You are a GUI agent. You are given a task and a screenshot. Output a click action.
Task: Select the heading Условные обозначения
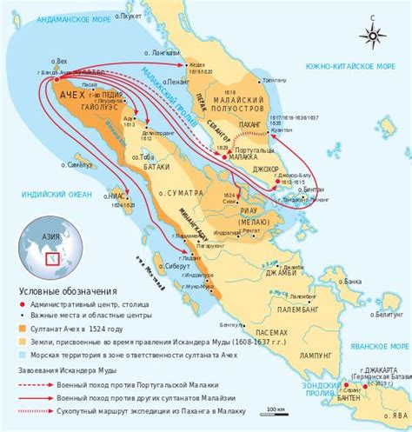(60, 292)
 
